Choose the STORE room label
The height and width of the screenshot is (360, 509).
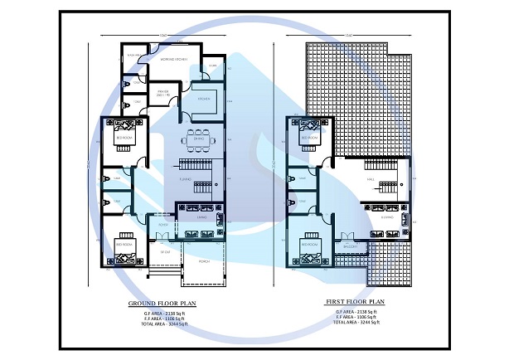click(212, 65)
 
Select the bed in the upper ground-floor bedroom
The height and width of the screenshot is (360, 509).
click(124, 130)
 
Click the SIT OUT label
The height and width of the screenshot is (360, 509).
click(165, 251)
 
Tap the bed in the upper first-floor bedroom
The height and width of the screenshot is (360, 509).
click(309, 130)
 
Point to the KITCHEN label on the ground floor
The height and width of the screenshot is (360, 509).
click(203, 99)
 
